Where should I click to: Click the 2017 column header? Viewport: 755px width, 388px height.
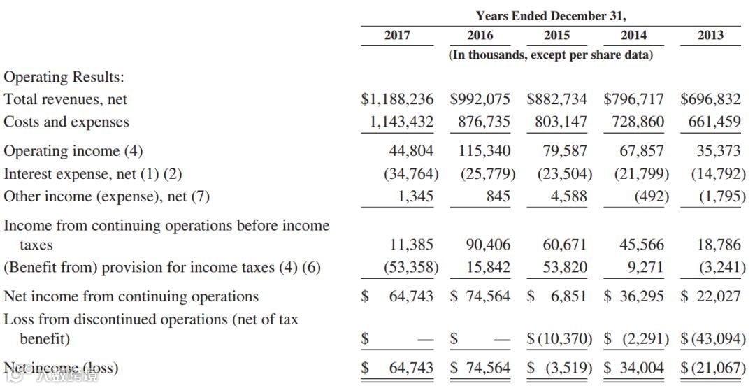[x=397, y=35]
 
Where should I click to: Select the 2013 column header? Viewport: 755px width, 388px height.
[x=710, y=35]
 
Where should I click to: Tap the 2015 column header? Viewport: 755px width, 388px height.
[x=556, y=35]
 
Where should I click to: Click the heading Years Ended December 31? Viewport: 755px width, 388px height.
[x=551, y=15]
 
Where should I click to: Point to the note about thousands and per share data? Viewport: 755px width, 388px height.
[x=551, y=55]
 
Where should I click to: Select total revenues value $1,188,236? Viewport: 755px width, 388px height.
[x=397, y=99]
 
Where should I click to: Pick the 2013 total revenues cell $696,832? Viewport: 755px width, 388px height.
[x=710, y=99]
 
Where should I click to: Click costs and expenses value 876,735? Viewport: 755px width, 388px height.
[x=484, y=122]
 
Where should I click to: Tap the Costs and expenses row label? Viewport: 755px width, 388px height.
[x=66, y=122]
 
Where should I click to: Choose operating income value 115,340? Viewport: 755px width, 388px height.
[x=484, y=151]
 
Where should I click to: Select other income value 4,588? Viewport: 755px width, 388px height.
[x=568, y=196]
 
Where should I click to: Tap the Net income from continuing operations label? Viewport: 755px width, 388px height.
[x=131, y=296]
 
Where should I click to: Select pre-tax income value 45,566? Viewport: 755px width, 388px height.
[x=642, y=245]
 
